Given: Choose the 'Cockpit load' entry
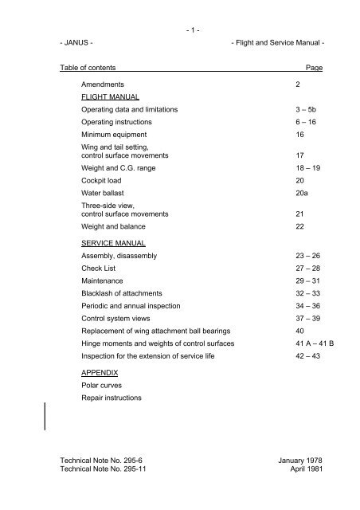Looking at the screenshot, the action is click(107, 181).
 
